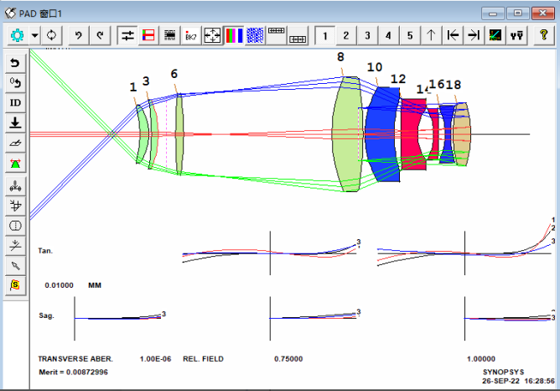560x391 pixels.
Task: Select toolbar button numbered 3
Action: coord(366,35)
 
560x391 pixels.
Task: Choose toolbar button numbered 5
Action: coord(409,35)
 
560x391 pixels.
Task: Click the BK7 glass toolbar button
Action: coord(191,35)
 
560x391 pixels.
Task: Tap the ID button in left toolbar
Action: coord(16,102)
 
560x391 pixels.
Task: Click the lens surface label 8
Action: coord(340,57)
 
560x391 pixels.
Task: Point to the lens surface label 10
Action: coord(374,67)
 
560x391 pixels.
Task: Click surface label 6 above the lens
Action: coord(174,74)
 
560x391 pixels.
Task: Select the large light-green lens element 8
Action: coord(346,134)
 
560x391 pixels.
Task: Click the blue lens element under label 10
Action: coord(382,134)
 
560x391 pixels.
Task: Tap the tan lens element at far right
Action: coord(462,134)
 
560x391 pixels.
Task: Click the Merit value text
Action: coord(73,371)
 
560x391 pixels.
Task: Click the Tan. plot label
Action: coord(46,250)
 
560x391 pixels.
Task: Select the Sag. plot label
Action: coord(47,315)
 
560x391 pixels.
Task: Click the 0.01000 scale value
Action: coord(60,285)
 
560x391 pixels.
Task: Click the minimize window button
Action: coord(495,13)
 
